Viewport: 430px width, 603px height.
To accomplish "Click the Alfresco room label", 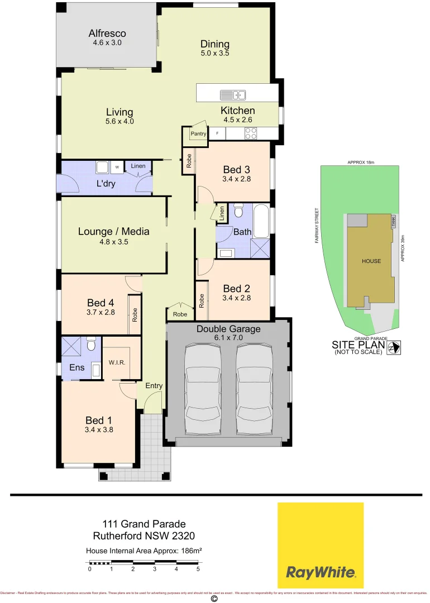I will pyautogui.click(x=107, y=33).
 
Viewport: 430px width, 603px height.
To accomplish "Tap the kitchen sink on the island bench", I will pyautogui.click(x=232, y=94).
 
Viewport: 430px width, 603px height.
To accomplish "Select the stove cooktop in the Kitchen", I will pyautogui.click(x=251, y=133).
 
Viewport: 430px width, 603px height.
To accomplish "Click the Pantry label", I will pyautogui.click(x=198, y=134).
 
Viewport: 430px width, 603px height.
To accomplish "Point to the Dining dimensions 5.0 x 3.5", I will pyautogui.click(x=215, y=54).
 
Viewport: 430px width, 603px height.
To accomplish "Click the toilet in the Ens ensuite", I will pyautogui.click(x=91, y=344).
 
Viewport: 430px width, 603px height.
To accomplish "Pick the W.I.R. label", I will pyautogui.click(x=116, y=362).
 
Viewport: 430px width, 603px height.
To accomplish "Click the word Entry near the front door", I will pyautogui.click(x=154, y=386).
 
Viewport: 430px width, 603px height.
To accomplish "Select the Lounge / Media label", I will pyautogui.click(x=113, y=231).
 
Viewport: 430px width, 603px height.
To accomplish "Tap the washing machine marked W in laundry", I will pyautogui.click(x=117, y=166).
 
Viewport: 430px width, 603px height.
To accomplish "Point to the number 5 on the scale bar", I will pyautogui.click(x=198, y=569).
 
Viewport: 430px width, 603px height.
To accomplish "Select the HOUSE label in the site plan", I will pyautogui.click(x=371, y=261).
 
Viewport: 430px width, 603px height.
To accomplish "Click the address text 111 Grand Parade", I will pyautogui.click(x=144, y=524).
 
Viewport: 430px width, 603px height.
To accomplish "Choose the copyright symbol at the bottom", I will pyautogui.click(x=213, y=599).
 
